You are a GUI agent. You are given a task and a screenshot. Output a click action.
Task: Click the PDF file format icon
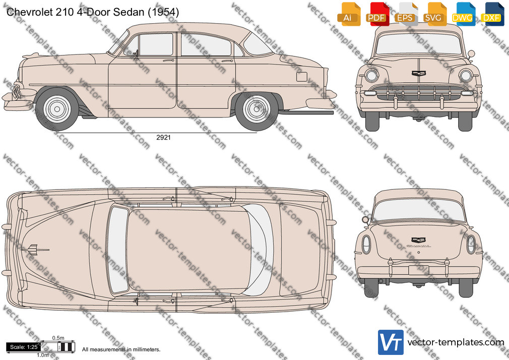click(x=376, y=14)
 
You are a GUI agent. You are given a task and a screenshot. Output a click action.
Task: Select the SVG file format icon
click(x=433, y=14)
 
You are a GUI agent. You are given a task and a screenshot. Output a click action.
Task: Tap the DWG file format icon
click(x=462, y=14)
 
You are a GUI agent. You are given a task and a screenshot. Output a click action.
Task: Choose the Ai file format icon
click(x=348, y=14)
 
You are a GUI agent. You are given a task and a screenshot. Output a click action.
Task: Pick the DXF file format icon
click(x=491, y=14)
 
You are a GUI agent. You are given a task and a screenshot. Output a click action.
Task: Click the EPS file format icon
click(x=405, y=14)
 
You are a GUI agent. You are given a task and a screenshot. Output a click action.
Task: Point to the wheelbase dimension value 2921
click(x=163, y=138)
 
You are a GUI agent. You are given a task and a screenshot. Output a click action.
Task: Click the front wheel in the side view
click(x=57, y=109)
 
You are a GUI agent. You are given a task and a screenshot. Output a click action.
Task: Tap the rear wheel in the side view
click(x=257, y=109)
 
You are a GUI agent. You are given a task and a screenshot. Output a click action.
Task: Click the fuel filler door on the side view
click(x=301, y=76)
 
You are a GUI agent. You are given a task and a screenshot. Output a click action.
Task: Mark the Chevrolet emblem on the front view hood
click(x=419, y=74)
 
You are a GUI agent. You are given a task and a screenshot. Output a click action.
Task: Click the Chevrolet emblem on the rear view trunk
click(x=419, y=240)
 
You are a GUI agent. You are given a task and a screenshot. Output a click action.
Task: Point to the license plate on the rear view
click(x=419, y=270)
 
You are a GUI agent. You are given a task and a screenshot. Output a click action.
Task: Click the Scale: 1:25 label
click(x=24, y=347)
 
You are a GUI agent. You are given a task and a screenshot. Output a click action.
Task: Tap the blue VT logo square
click(x=391, y=342)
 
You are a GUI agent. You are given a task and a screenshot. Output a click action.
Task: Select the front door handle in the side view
click(x=168, y=61)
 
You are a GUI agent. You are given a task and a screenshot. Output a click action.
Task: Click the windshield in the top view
click(x=118, y=250)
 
